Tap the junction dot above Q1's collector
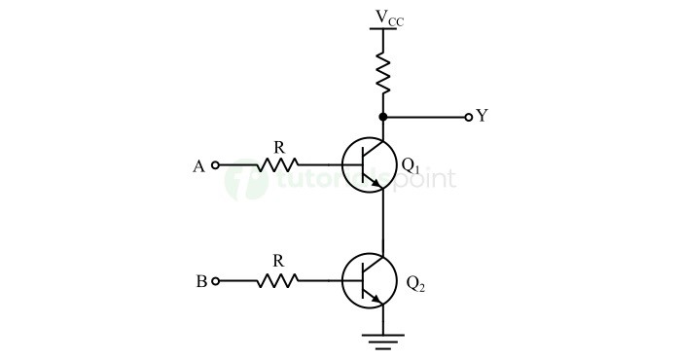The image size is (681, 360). coord(383,117)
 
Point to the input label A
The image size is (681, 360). coord(198,166)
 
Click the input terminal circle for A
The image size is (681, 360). coord(215,165)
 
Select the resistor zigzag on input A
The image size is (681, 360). coord(277,165)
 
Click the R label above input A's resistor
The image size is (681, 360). coord(279,147)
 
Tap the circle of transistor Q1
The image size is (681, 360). coord(369,164)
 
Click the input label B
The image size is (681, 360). coord(200,282)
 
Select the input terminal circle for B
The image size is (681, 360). coord(215,281)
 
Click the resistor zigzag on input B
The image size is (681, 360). coord(277,281)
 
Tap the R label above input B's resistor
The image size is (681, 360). coord(278,261)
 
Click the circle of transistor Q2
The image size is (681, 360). coord(369,281)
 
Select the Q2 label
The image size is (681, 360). coord(414,284)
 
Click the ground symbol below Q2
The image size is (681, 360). coord(383,340)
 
